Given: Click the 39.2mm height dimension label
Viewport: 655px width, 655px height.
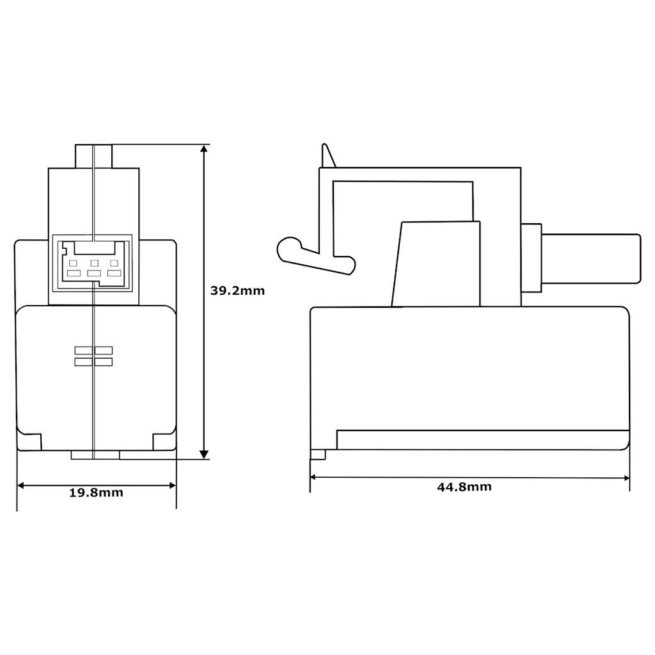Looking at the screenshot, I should click(x=237, y=290).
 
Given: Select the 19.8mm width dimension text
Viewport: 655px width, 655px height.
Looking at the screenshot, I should click(x=96, y=493).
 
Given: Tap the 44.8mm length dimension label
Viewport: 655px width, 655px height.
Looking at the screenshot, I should click(x=464, y=487).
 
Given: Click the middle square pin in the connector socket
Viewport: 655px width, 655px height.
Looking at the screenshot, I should click(x=94, y=263).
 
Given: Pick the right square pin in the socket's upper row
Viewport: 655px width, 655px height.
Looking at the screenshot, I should click(x=114, y=263).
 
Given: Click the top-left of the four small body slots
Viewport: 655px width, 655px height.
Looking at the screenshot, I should click(x=84, y=350).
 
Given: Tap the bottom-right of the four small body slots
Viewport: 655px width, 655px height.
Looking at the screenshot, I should click(x=104, y=362).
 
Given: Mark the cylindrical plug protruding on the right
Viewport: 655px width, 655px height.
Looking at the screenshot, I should click(x=590, y=258).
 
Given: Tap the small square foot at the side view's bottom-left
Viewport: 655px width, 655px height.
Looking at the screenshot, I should click(x=318, y=455).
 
